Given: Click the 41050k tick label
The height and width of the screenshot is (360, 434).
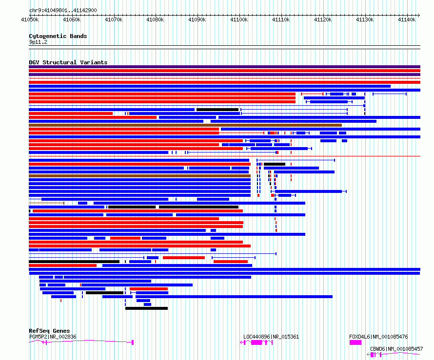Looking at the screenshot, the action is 30,19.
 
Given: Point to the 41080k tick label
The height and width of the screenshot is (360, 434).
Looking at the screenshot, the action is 155,19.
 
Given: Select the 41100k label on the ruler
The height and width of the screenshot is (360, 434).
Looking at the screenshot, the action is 239,19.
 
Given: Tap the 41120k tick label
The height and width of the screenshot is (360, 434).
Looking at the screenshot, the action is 323,19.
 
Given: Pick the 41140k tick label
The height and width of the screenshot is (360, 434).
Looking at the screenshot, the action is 407,19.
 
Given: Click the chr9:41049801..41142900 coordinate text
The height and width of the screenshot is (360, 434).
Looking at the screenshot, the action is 63,11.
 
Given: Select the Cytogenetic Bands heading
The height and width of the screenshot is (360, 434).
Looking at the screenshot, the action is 58,36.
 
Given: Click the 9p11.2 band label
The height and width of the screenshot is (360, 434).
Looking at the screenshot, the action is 38,42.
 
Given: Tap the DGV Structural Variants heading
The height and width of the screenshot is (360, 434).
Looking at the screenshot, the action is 68,62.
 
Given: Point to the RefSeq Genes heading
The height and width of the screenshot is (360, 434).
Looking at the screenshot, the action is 49,331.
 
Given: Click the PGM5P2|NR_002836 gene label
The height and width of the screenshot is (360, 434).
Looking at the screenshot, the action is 53,337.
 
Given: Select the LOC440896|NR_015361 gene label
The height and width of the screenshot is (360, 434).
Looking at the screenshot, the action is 271,337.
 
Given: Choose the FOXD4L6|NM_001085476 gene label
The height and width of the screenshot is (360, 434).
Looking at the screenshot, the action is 378,337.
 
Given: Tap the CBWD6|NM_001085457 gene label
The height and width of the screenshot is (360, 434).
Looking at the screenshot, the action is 396,349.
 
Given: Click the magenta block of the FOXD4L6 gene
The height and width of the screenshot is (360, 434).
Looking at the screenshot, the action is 355,342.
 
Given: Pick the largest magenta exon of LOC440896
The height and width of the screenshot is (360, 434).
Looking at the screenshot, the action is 256,342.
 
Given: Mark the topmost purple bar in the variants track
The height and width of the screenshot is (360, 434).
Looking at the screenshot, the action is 224,67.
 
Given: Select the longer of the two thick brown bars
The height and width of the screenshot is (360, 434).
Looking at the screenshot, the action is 185,125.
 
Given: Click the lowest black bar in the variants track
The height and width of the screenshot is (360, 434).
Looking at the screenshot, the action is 146,308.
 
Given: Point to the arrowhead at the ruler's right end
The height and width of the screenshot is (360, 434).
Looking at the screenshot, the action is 419,15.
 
